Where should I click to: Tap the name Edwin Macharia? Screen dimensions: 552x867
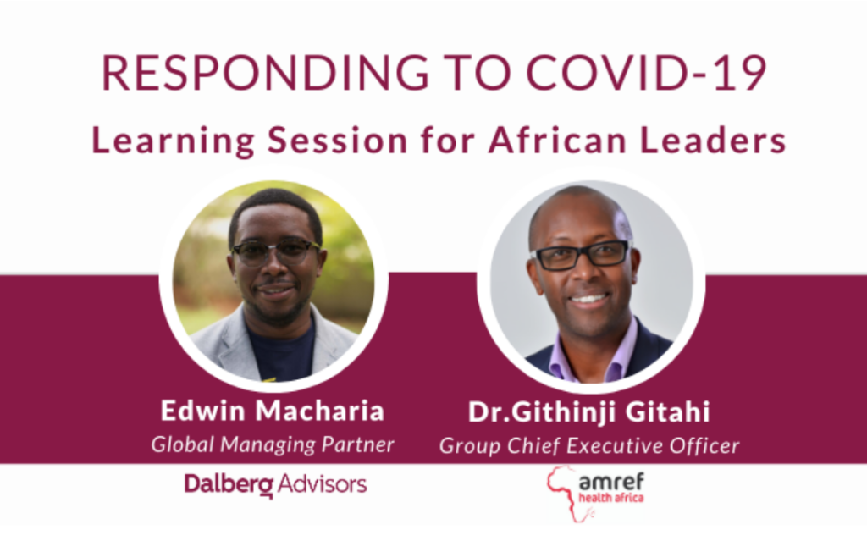[272, 411]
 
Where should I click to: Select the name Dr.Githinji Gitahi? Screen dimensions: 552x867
[589, 412]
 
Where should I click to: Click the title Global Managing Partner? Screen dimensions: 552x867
[273, 444]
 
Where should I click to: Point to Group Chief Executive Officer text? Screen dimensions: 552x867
[589, 445]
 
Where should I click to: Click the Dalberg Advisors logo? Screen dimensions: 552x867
[275, 484]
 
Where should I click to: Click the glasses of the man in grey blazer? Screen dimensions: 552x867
[275, 251]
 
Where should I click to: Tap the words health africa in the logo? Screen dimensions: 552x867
[610, 498]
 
